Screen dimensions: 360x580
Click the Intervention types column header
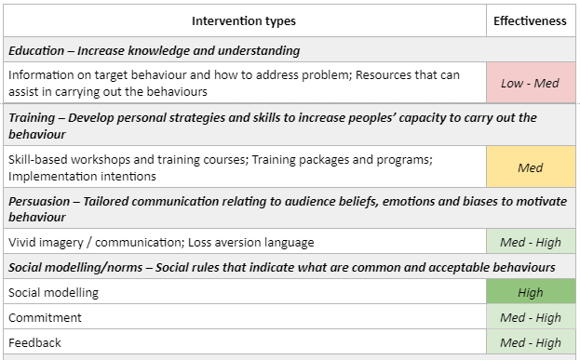243,20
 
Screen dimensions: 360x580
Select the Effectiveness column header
530,20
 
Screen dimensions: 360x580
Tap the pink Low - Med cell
530,83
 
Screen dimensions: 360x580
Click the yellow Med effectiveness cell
530,167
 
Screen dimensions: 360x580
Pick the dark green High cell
530,292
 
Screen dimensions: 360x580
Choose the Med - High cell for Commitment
530,317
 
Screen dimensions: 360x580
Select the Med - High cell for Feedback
530,342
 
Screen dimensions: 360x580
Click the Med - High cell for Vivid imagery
530,242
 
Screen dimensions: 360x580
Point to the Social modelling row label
53,292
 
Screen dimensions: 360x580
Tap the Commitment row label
45,317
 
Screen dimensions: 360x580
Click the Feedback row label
34,342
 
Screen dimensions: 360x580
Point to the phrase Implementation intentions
82,176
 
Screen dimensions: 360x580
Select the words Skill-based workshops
70,160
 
